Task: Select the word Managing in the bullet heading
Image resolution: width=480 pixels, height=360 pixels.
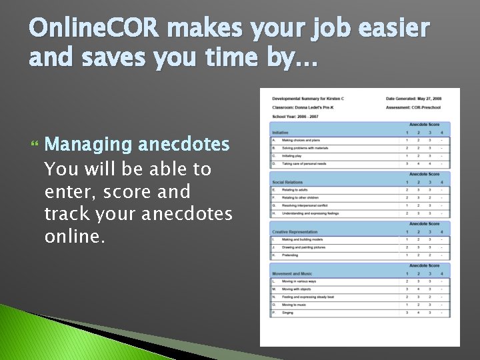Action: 89,144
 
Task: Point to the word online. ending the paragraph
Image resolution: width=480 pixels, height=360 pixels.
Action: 75,237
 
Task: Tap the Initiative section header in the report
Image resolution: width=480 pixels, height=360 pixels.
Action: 281,133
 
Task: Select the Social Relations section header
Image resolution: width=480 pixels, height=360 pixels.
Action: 287,182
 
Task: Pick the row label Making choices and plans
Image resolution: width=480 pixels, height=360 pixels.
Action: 301,141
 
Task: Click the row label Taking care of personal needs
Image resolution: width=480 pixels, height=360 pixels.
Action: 304,163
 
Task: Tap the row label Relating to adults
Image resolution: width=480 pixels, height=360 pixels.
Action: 295,190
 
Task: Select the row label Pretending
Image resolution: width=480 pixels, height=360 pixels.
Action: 291,255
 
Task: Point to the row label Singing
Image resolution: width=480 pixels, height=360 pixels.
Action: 288,312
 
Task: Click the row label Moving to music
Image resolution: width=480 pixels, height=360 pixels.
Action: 294,305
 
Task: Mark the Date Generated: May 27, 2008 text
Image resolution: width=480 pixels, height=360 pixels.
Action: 413,99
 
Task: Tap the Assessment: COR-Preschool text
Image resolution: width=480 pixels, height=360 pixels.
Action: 413,107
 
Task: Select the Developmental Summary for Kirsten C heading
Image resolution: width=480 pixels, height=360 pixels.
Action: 308,99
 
